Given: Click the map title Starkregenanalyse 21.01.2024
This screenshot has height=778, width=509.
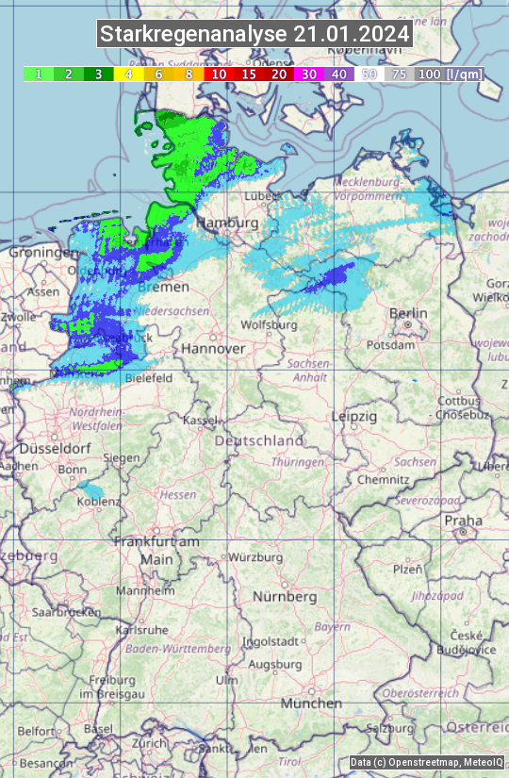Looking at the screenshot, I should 254,35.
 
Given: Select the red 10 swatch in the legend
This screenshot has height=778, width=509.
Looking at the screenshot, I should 219,74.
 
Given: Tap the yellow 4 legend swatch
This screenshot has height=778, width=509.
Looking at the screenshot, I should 127,74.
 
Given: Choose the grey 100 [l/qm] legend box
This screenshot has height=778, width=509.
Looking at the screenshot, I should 448,74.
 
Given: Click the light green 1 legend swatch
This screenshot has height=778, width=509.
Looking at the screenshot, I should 38,74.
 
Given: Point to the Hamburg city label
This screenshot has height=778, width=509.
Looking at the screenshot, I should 227,223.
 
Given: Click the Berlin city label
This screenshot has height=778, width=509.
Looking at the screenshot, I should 408,313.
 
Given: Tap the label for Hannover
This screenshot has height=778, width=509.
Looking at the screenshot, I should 213,348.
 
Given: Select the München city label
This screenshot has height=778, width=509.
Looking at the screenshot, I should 310,704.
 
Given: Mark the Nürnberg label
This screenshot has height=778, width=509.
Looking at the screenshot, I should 285,597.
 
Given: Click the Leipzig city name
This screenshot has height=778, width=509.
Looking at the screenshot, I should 354,416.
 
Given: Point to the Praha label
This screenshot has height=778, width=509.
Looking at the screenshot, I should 463,521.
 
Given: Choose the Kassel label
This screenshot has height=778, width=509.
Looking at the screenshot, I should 201,420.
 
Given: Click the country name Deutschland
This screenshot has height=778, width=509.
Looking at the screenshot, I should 259,440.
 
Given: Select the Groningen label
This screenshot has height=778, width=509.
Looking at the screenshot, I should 43,253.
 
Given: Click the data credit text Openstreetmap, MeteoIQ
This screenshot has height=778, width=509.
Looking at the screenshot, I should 425,762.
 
